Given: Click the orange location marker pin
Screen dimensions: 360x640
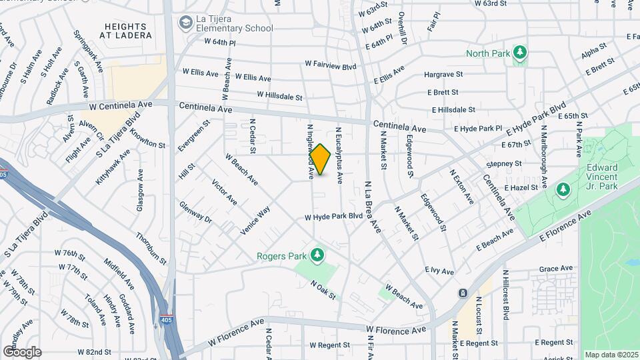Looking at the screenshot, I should click(x=320, y=159).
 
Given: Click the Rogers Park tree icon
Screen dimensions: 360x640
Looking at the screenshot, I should click(x=317, y=255).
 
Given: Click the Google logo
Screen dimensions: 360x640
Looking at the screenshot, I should click(x=21, y=351).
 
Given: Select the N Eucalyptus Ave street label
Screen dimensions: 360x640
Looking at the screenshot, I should click(x=339, y=155).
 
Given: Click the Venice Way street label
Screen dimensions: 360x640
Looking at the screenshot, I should click(x=255, y=220).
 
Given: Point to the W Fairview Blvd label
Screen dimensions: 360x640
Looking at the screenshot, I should click(x=331, y=65).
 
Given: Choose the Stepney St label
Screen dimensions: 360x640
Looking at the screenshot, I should click(x=504, y=163).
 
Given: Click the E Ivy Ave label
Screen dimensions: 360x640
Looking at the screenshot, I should click(x=439, y=271).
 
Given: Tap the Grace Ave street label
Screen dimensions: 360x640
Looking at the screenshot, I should click(x=556, y=269).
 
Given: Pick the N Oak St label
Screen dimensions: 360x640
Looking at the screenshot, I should click(x=323, y=289).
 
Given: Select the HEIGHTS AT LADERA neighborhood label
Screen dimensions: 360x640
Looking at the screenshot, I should click(x=127, y=30).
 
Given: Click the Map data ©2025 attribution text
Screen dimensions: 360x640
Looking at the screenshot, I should click(x=610, y=354).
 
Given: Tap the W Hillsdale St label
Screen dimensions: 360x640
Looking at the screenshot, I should click(x=279, y=96).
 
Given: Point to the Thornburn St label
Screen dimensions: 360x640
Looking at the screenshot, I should click(x=150, y=246).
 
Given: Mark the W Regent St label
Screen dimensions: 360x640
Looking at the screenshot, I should click(x=330, y=345).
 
